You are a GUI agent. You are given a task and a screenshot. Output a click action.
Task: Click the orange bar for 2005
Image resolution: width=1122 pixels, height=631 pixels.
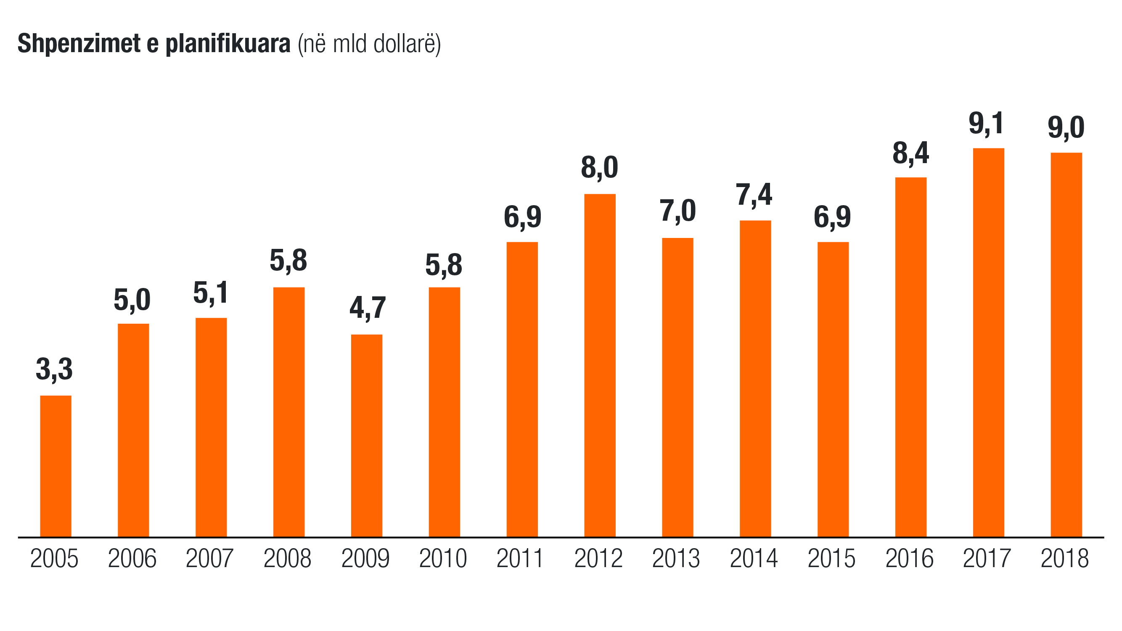[x=56, y=466]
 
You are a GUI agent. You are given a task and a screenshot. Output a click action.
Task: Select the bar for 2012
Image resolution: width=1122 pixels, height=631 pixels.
[x=600, y=365]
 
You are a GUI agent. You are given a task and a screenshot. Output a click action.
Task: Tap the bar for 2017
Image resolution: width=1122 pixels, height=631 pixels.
[x=988, y=342]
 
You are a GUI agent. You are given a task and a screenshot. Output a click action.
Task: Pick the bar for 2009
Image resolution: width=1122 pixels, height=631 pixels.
[x=367, y=436]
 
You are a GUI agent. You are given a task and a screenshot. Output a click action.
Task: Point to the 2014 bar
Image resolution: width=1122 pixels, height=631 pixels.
[x=755, y=378]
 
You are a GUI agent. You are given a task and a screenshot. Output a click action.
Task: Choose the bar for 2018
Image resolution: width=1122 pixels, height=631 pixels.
[x=1066, y=344]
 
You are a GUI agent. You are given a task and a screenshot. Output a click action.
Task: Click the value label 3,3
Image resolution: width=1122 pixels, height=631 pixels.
[x=54, y=369]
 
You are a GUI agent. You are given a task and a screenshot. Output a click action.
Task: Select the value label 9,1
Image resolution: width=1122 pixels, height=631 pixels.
[x=986, y=123]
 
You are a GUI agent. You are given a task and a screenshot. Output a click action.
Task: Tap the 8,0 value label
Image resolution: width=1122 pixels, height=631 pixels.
[x=599, y=168]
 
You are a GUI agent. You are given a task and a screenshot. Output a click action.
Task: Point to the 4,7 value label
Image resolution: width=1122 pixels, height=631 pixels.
[x=368, y=308]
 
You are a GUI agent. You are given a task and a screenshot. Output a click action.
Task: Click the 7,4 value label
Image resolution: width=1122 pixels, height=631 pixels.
[x=754, y=195]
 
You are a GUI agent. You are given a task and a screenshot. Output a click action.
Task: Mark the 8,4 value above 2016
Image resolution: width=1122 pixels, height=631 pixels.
[x=911, y=153]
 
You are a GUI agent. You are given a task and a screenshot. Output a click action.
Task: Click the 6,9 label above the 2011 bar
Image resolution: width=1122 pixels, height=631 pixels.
[x=522, y=217]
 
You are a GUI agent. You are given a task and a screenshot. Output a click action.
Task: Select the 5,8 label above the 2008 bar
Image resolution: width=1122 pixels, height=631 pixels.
[x=288, y=261]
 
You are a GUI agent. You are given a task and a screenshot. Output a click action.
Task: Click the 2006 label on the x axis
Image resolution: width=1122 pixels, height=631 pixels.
[x=132, y=558]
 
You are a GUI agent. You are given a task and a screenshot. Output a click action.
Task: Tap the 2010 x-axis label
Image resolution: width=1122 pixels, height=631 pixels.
[x=443, y=558]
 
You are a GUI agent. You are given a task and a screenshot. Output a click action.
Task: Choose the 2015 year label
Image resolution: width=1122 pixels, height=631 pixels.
[x=831, y=558]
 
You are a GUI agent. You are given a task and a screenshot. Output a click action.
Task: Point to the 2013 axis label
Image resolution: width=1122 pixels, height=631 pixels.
[x=676, y=558]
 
